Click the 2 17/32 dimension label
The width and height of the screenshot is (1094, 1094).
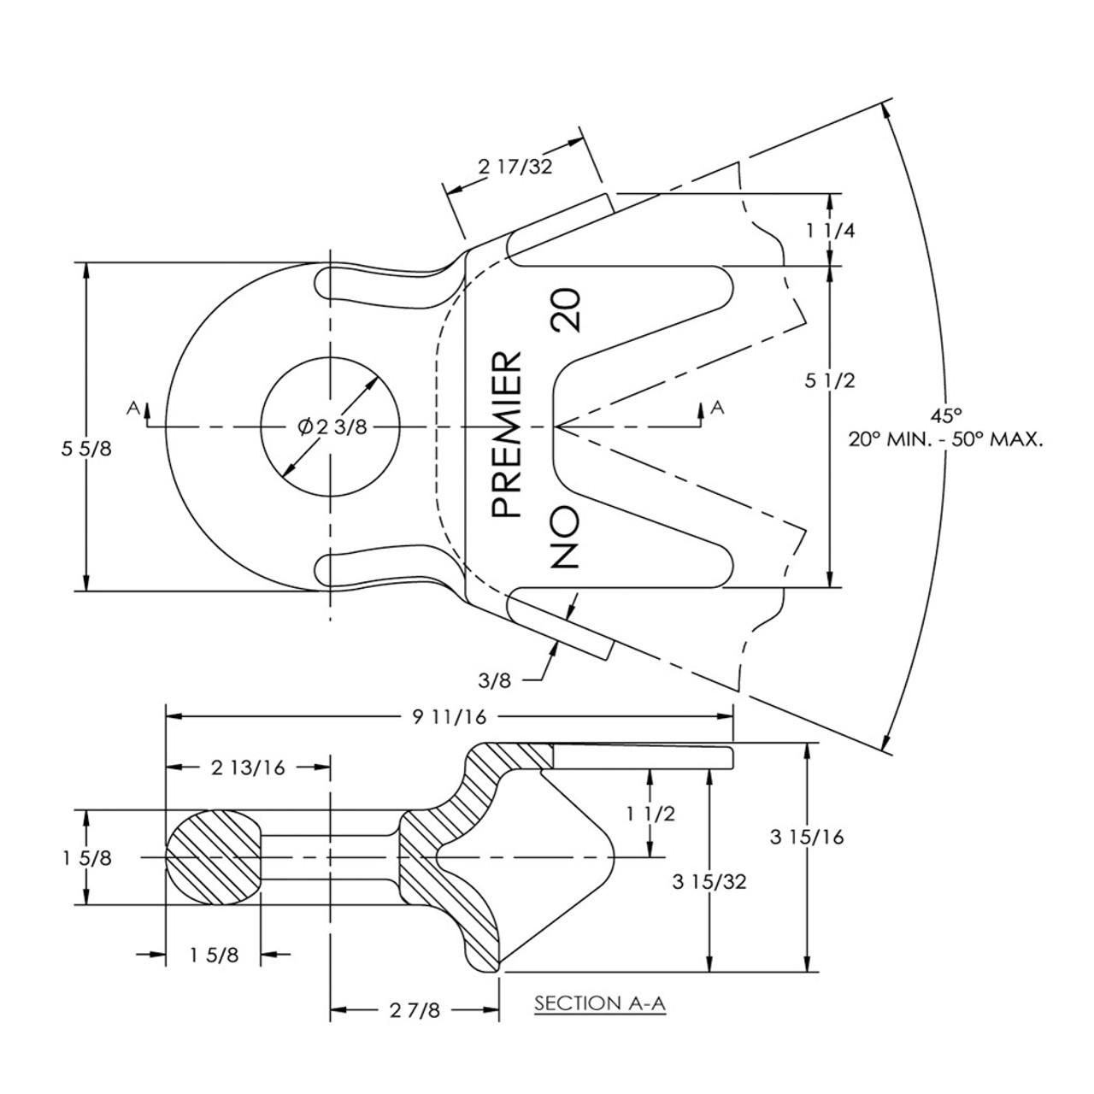pyautogui.click(x=515, y=166)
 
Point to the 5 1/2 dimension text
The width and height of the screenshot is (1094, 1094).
pyautogui.click(x=829, y=381)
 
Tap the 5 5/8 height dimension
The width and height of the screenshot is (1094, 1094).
pyautogui.click(x=86, y=449)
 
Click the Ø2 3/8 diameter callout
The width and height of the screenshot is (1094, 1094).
pyautogui.click(x=332, y=426)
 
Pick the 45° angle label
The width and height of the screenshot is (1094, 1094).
pyautogui.click(x=946, y=415)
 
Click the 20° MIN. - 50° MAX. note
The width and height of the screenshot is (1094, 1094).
pyautogui.click(x=945, y=440)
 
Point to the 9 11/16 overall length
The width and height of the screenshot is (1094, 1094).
pyautogui.click(x=450, y=716)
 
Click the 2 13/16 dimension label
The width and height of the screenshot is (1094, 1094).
pyautogui.click(x=248, y=767)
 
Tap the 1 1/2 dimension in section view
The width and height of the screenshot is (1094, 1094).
pyautogui.click(x=650, y=813)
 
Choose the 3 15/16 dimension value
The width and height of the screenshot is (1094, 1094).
pyautogui.click(x=806, y=837)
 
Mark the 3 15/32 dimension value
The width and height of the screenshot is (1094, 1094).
pyautogui.click(x=709, y=881)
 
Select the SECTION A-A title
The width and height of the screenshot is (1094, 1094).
pyautogui.click(x=599, y=1003)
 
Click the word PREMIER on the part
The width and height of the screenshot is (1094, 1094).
pyautogui.click(x=508, y=434)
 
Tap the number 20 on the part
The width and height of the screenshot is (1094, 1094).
pyautogui.click(x=566, y=310)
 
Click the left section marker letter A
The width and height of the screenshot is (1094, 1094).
pyautogui.click(x=132, y=409)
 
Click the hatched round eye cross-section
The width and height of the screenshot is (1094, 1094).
pyautogui.click(x=214, y=856)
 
